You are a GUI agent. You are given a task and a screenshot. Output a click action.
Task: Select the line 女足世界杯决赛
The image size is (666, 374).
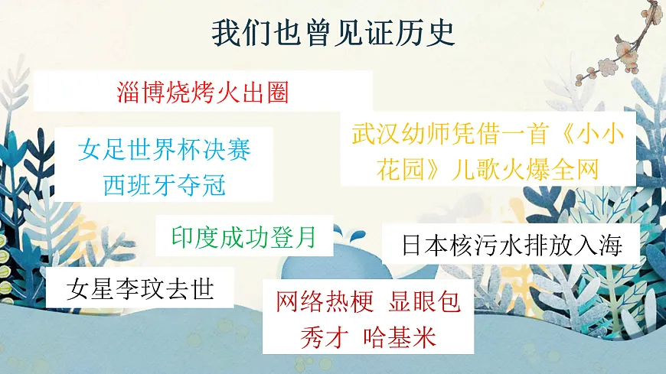tap(165, 149)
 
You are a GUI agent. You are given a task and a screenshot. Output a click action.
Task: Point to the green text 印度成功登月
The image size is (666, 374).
tap(243, 236)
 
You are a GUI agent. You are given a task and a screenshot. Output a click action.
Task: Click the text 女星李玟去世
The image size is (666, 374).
tap(140, 289)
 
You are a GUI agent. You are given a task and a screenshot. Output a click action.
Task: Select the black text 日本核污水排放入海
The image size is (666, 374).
tap(511, 246)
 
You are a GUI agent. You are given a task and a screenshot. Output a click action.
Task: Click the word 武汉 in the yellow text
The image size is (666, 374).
tap(376, 135)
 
